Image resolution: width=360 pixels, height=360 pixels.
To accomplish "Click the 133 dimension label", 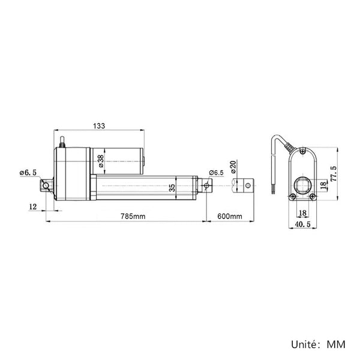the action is (x=99, y=126).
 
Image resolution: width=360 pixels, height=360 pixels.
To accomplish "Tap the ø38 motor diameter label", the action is (x=101, y=161).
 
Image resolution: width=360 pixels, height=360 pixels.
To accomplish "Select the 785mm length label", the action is (x=133, y=216).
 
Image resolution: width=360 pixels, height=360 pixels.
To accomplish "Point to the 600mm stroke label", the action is (x=230, y=216).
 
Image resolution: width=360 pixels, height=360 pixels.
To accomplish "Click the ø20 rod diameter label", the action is (x=233, y=167).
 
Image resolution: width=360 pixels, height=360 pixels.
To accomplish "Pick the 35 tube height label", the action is (x=172, y=188).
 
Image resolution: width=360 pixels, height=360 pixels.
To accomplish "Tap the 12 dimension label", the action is (x=33, y=206).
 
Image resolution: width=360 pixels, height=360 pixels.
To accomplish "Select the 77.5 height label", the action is (x=334, y=174).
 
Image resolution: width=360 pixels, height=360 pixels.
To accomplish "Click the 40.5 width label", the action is (x=302, y=224).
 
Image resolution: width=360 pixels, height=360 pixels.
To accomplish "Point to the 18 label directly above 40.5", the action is (x=302, y=213).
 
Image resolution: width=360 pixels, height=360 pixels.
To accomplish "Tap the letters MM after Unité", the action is (x=336, y=344).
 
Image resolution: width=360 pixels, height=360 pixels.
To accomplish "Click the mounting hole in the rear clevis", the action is (x=46, y=185).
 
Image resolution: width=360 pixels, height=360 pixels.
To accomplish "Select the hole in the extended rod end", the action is (x=248, y=185).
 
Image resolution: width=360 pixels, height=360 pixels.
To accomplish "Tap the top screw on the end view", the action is (x=303, y=151).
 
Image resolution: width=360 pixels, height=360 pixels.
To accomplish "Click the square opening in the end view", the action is (x=303, y=185).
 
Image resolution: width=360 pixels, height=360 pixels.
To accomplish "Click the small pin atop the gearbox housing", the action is (x=62, y=142).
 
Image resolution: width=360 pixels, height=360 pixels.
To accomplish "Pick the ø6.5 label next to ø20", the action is (x=216, y=173).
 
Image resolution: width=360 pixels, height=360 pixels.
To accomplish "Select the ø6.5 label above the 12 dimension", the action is (x=28, y=173).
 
